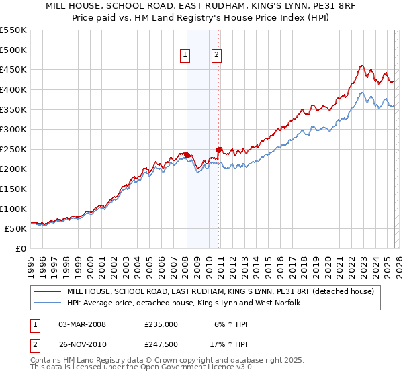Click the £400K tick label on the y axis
(13, 89)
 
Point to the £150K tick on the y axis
(13, 189)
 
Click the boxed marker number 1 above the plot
(185, 56)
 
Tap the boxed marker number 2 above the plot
(218, 56)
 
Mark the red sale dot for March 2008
(187, 155)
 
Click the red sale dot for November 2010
(219, 150)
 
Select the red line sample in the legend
(47, 291)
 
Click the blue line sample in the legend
(47, 303)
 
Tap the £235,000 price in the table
(161, 324)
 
